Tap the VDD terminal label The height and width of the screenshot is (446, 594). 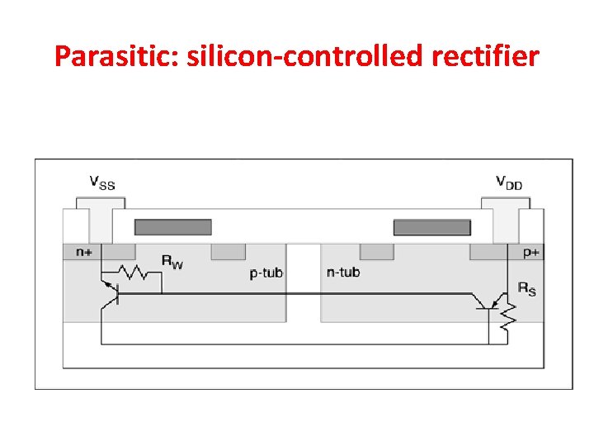point(508,181)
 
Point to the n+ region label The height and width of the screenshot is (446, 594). point(84,252)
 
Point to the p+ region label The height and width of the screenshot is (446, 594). point(530,252)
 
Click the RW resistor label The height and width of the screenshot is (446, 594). point(172,263)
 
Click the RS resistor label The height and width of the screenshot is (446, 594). point(526,288)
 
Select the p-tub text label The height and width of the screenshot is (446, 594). point(266,273)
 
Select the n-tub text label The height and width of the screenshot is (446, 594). point(343,272)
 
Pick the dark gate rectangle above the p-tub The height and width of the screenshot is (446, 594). point(172,227)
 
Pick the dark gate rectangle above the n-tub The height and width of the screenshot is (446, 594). point(431,227)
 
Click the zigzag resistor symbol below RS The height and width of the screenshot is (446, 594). point(509,314)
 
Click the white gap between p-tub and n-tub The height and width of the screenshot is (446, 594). point(303,281)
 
